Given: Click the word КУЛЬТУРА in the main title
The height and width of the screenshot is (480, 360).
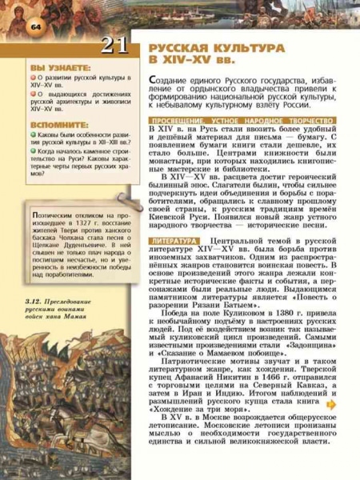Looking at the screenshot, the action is tap(242, 49).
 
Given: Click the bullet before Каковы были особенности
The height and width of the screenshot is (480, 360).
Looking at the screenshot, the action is tap(33, 137).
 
